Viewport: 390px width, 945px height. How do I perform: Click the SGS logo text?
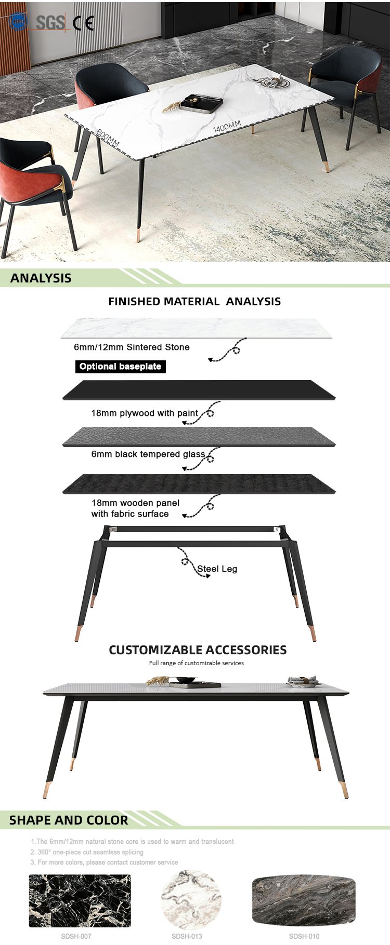(50, 22)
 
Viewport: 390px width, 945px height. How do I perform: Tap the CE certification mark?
(83, 23)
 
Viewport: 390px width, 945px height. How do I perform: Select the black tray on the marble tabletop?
(202, 103)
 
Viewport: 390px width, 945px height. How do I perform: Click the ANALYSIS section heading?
(41, 278)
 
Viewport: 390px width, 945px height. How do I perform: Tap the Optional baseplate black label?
(121, 367)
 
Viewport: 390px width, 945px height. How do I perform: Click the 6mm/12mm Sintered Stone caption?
(132, 347)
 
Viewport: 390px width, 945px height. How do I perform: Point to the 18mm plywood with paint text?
(145, 413)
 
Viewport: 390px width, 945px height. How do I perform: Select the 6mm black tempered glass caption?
(148, 454)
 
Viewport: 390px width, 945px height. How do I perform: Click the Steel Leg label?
(217, 569)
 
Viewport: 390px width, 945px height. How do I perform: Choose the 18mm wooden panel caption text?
(135, 508)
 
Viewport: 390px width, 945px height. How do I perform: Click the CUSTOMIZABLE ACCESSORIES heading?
(198, 650)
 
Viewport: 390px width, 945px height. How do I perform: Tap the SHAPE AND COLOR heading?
(69, 820)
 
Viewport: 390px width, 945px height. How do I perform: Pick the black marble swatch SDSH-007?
(80, 901)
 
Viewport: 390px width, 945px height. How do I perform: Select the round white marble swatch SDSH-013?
(191, 900)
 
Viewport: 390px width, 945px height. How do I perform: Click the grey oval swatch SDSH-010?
(304, 900)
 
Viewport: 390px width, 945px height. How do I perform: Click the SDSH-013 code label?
(187, 936)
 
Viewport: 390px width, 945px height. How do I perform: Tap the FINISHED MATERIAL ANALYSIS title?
(194, 302)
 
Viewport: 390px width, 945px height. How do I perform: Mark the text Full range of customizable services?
(197, 663)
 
